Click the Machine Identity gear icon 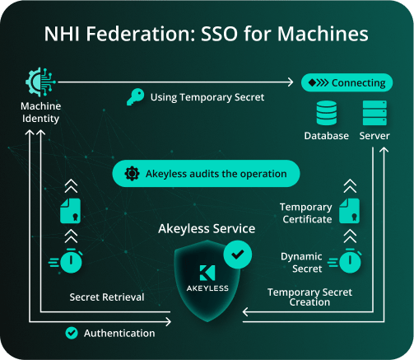[x=40, y=82]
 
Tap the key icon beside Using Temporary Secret [x=136, y=97]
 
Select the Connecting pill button [x=347, y=82]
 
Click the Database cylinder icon [x=327, y=113]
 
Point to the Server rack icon [x=374, y=113]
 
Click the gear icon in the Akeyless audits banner [x=132, y=174]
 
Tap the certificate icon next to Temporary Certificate [x=349, y=211]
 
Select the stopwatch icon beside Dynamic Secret [x=347, y=261]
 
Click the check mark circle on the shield [x=238, y=255]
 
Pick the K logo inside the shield [x=207, y=273]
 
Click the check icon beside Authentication [x=72, y=333]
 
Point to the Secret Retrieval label [x=107, y=297]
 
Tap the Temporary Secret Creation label [x=309, y=297]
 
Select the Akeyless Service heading [x=207, y=228]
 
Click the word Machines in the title [x=323, y=34]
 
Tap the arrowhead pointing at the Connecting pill [x=291, y=82]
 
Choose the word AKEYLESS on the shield [x=207, y=288]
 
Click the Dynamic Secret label [x=301, y=263]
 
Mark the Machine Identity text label [x=40, y=112]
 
